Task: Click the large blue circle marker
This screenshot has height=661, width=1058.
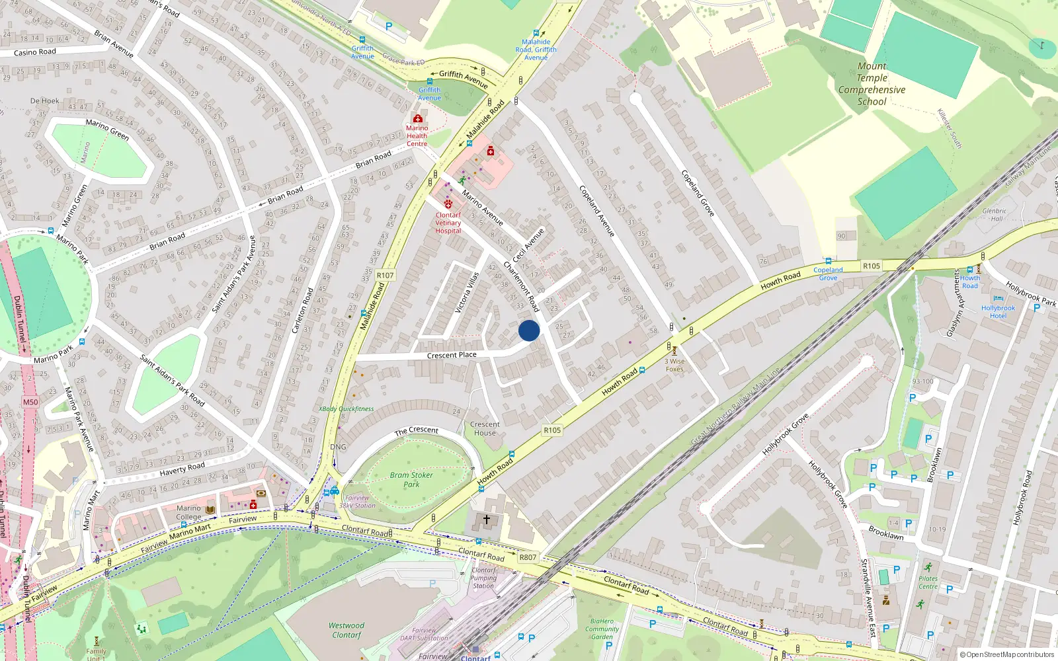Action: pos(529,330)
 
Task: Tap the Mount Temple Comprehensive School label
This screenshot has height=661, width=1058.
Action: pos(872,84)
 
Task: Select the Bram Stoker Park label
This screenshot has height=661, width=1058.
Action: pos(411,479)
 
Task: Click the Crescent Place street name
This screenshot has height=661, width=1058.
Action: pos(452,355)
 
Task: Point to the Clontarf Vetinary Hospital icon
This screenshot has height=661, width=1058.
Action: pos(448,204)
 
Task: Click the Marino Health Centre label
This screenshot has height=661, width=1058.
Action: pos(417,136)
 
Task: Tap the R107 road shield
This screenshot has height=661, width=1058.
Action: pos(385,275)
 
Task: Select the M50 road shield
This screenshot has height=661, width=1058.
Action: pos(30,402)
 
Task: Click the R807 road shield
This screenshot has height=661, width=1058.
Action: pos(528,557)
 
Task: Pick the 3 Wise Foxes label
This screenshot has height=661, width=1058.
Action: pos(674,365)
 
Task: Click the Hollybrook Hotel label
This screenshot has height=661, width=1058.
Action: pos(998,312)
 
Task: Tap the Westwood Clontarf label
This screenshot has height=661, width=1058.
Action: pos(346,630)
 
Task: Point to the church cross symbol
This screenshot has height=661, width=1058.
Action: pos(487,520)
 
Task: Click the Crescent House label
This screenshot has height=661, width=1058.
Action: pos(485,428)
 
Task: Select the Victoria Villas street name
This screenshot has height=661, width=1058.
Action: pos(467,292)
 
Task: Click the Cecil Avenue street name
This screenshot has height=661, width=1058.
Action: pos(528,245)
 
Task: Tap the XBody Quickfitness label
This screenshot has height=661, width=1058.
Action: pos(346,408)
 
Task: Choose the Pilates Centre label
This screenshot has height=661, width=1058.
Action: pos(928,582)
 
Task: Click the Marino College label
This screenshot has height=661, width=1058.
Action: pos(188,512)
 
